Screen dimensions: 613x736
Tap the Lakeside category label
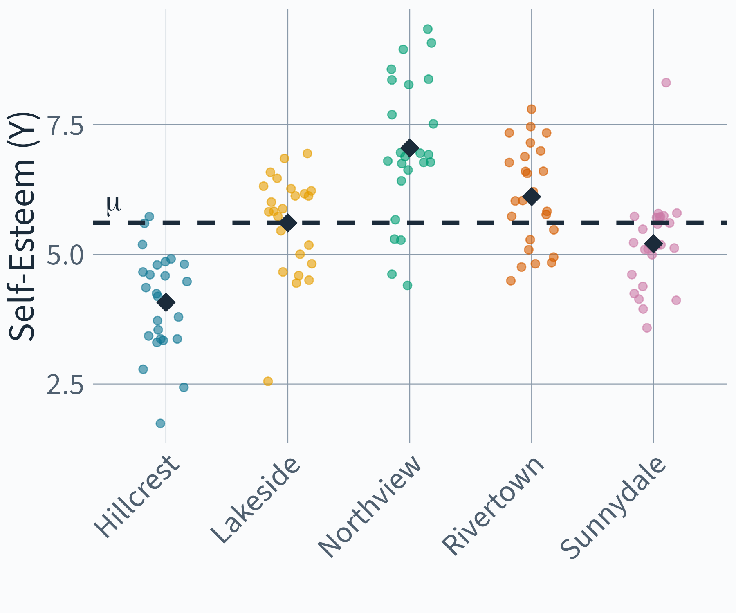pyautogui.click(x=256, y=500)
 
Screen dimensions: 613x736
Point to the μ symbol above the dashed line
pyautogui.click(x=114, y=204)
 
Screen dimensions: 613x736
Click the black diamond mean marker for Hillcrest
pyautogui.click(x=166, y=302)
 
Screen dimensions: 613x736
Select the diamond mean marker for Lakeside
pyautogui.click(x=288, y=223)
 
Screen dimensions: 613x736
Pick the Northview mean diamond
pyautogui.click(x=409, y=148)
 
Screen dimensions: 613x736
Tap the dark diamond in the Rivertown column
pyautogui.click(x=532, y=197)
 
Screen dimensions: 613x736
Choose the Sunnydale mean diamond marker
pyautogui.click(x=653, y=244)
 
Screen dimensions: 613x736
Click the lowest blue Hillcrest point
pyautogui.click(x=160, y=423)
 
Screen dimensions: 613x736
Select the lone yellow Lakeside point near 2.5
pyautogui.click(x=268, y=381)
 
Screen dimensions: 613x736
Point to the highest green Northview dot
pyautogui.click(x=428, y=29)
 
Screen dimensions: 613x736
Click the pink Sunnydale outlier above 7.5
pyautogui.click(x=666, y=83)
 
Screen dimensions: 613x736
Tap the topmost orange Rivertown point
pyautogui.click(x=532, y=109)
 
